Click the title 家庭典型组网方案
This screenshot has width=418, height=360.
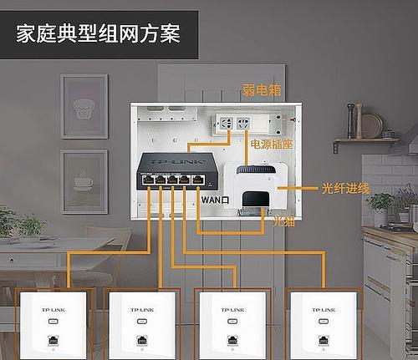[x=98, y=33]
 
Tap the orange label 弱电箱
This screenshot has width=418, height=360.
[x=262, y=90]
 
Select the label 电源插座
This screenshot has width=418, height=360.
[x=272, y=145]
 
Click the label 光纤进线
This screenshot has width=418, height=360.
[x=345, y=189]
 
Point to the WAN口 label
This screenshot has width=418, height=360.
[x=215, y=200]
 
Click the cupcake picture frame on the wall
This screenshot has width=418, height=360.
[x=84, y=106]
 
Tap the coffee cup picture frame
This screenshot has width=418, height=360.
[x=84, y=181]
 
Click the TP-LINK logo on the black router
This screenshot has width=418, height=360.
[x=178, y=161]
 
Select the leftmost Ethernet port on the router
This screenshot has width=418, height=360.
[x=148, y=180]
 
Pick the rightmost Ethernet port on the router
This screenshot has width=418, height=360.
[x=197, y=180]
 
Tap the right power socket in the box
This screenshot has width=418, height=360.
[x=243, y=123]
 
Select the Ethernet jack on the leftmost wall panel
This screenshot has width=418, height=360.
[x=53, y=340]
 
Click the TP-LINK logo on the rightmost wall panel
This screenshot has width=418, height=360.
[x=324, y=310]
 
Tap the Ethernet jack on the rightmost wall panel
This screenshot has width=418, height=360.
[x=324, y=340]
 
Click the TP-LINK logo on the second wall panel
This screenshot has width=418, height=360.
[x=142, y=310]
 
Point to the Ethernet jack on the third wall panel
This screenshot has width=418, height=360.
[x=232, y=340]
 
